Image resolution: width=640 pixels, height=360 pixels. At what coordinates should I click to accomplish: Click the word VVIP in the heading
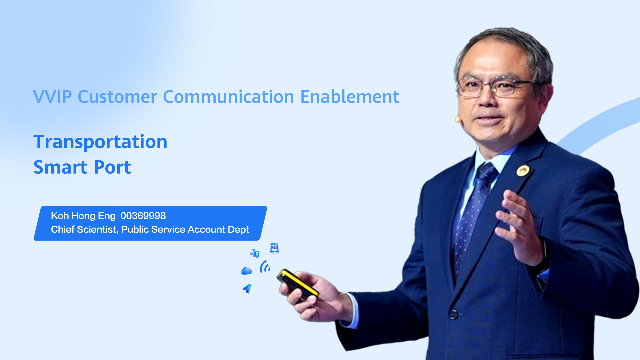click(53, 97)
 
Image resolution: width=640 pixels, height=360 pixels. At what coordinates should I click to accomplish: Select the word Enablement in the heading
click(350, 97)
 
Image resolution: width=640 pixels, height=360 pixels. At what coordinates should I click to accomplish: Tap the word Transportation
click(100, 142)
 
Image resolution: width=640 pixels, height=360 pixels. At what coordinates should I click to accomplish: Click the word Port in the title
click(112, 167)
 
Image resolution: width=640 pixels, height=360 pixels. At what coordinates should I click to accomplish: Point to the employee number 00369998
click(143, 216)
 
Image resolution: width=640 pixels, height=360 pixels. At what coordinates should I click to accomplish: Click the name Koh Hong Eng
click(83, 216)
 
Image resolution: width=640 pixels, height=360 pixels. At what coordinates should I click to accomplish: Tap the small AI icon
click(255, 253)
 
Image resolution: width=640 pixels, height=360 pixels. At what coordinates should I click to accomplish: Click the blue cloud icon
click(246, 271)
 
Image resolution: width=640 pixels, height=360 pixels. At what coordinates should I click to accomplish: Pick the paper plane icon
click(247, 288)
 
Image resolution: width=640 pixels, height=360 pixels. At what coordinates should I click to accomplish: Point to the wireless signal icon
click(265, 267)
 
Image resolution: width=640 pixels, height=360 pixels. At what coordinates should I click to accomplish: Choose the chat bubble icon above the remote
click(274, 248)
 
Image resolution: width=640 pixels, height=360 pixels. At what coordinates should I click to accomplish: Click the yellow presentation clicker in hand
click(298, 284)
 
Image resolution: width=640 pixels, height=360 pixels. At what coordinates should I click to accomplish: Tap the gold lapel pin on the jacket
click(523, 171)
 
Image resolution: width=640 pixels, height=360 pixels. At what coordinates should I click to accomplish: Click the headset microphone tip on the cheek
click(458, 119)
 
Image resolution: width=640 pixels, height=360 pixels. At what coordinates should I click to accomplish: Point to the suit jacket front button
click(454, 314)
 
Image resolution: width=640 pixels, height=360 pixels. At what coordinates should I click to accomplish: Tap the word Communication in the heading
click(228, 97)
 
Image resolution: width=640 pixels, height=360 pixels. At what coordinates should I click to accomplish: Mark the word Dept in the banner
click(238, 230)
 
